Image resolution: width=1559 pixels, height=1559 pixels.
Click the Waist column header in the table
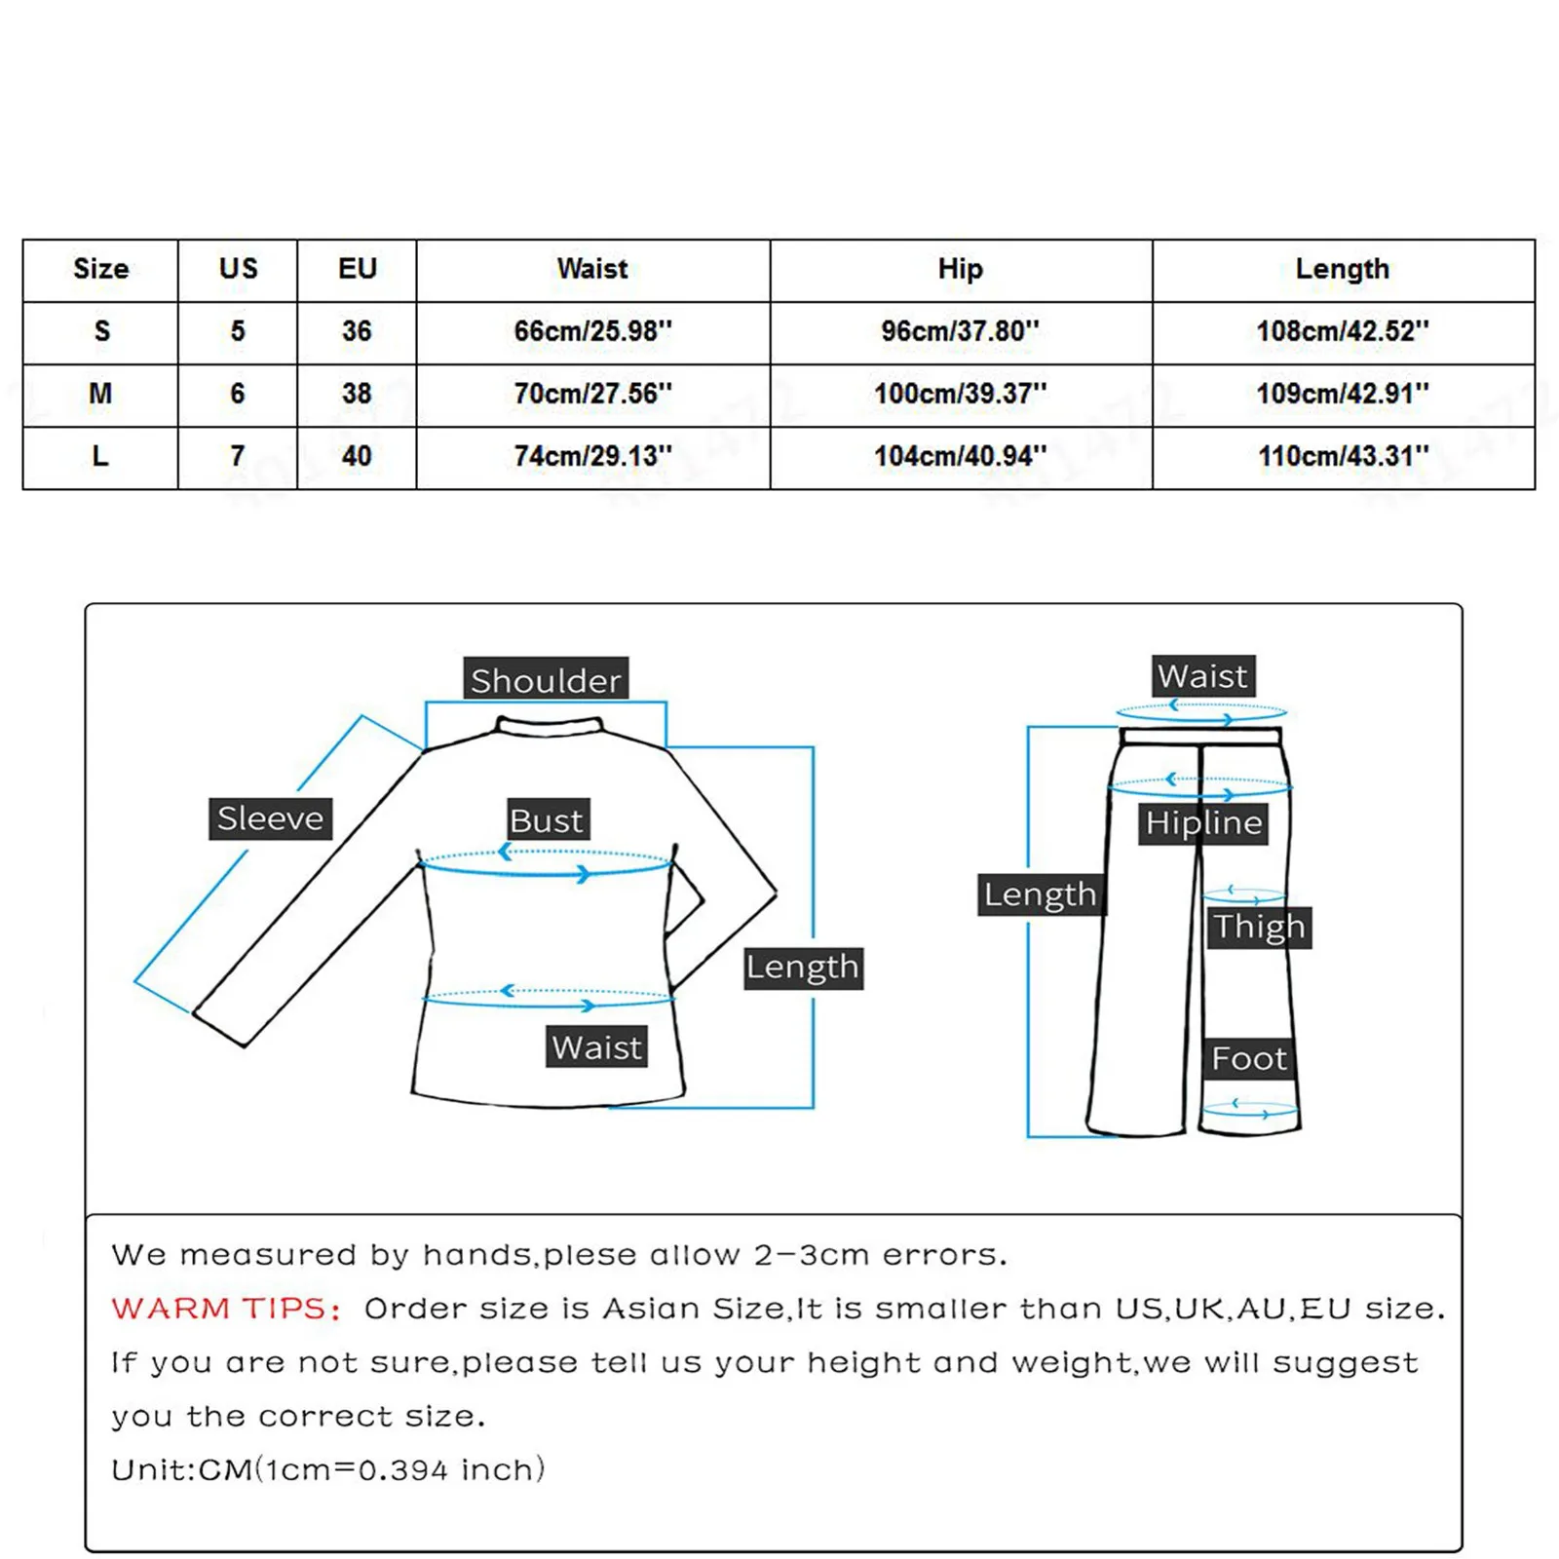click(592, 269)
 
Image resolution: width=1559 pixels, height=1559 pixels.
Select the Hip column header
click(960, 269)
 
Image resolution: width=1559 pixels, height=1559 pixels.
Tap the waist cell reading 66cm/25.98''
click(592, 331)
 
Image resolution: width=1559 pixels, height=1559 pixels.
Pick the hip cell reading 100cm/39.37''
click(960, 394)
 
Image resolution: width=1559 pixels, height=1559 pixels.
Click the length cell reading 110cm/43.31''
click(1343, 456)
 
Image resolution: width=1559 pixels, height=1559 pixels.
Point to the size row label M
click(100, 394)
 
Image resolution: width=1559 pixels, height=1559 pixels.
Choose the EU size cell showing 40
click(357, 456)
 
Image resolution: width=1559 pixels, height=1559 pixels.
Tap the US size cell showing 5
click(238, 331)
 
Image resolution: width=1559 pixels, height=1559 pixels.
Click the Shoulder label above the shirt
click(546, 680)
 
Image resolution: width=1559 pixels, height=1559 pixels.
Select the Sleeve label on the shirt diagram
click(271, 818)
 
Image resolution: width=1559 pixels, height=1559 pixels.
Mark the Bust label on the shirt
click(547, 820)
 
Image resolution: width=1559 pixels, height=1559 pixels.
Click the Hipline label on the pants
click(1203, 823)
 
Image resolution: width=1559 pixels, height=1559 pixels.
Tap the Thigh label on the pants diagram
click(1259, 927)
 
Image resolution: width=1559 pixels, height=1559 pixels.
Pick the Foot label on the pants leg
click(1249, 1058)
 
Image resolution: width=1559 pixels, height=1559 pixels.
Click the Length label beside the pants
click(1040, 894)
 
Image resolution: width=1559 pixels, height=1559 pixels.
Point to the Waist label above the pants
click(1202, 676)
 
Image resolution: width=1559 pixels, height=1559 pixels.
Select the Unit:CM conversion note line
click(327, 1469)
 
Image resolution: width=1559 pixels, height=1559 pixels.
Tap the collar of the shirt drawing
click(550, 727)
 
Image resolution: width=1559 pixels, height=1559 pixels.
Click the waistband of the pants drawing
click(1200, 736)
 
